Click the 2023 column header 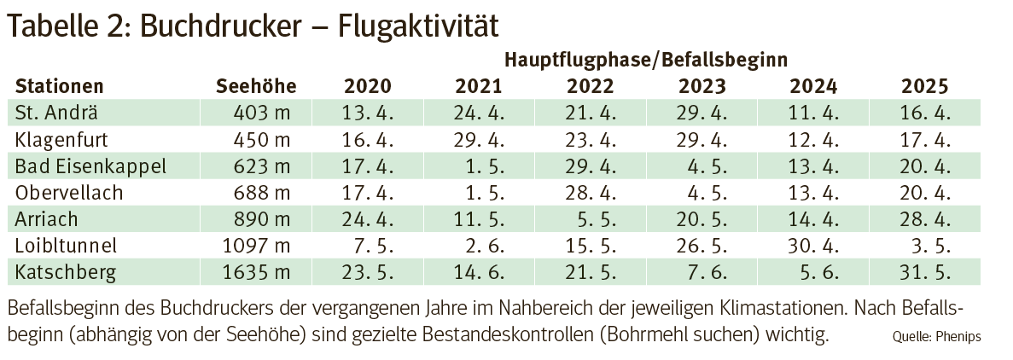tap(702, 86)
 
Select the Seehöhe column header tap(256, 86)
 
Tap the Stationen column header tap(60, 86)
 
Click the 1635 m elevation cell tap(259, 272)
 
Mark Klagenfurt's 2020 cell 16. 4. tap(367, 138)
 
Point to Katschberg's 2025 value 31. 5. tap(925, 272)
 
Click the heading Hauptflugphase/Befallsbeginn tap(645, 61)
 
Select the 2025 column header tap(925, 86)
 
